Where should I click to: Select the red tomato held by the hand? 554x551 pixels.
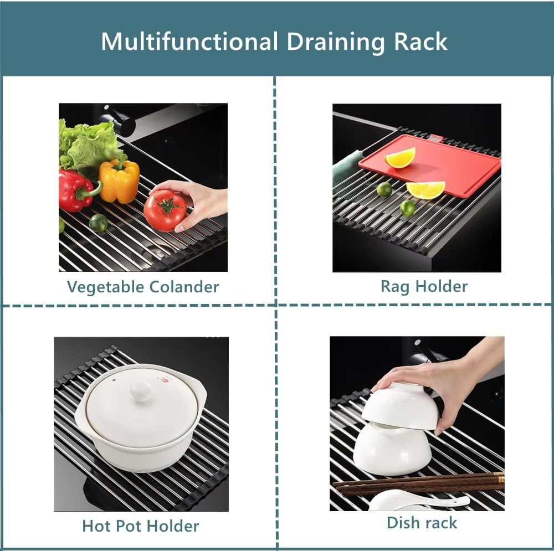[x=165, y=210]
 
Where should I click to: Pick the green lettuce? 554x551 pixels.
[x=89, y=144]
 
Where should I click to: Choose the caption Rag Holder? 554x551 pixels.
[x=424, y=286]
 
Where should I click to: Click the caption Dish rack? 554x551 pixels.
[x=422, y=522]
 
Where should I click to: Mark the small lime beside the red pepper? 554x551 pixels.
[x=99, y=223]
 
